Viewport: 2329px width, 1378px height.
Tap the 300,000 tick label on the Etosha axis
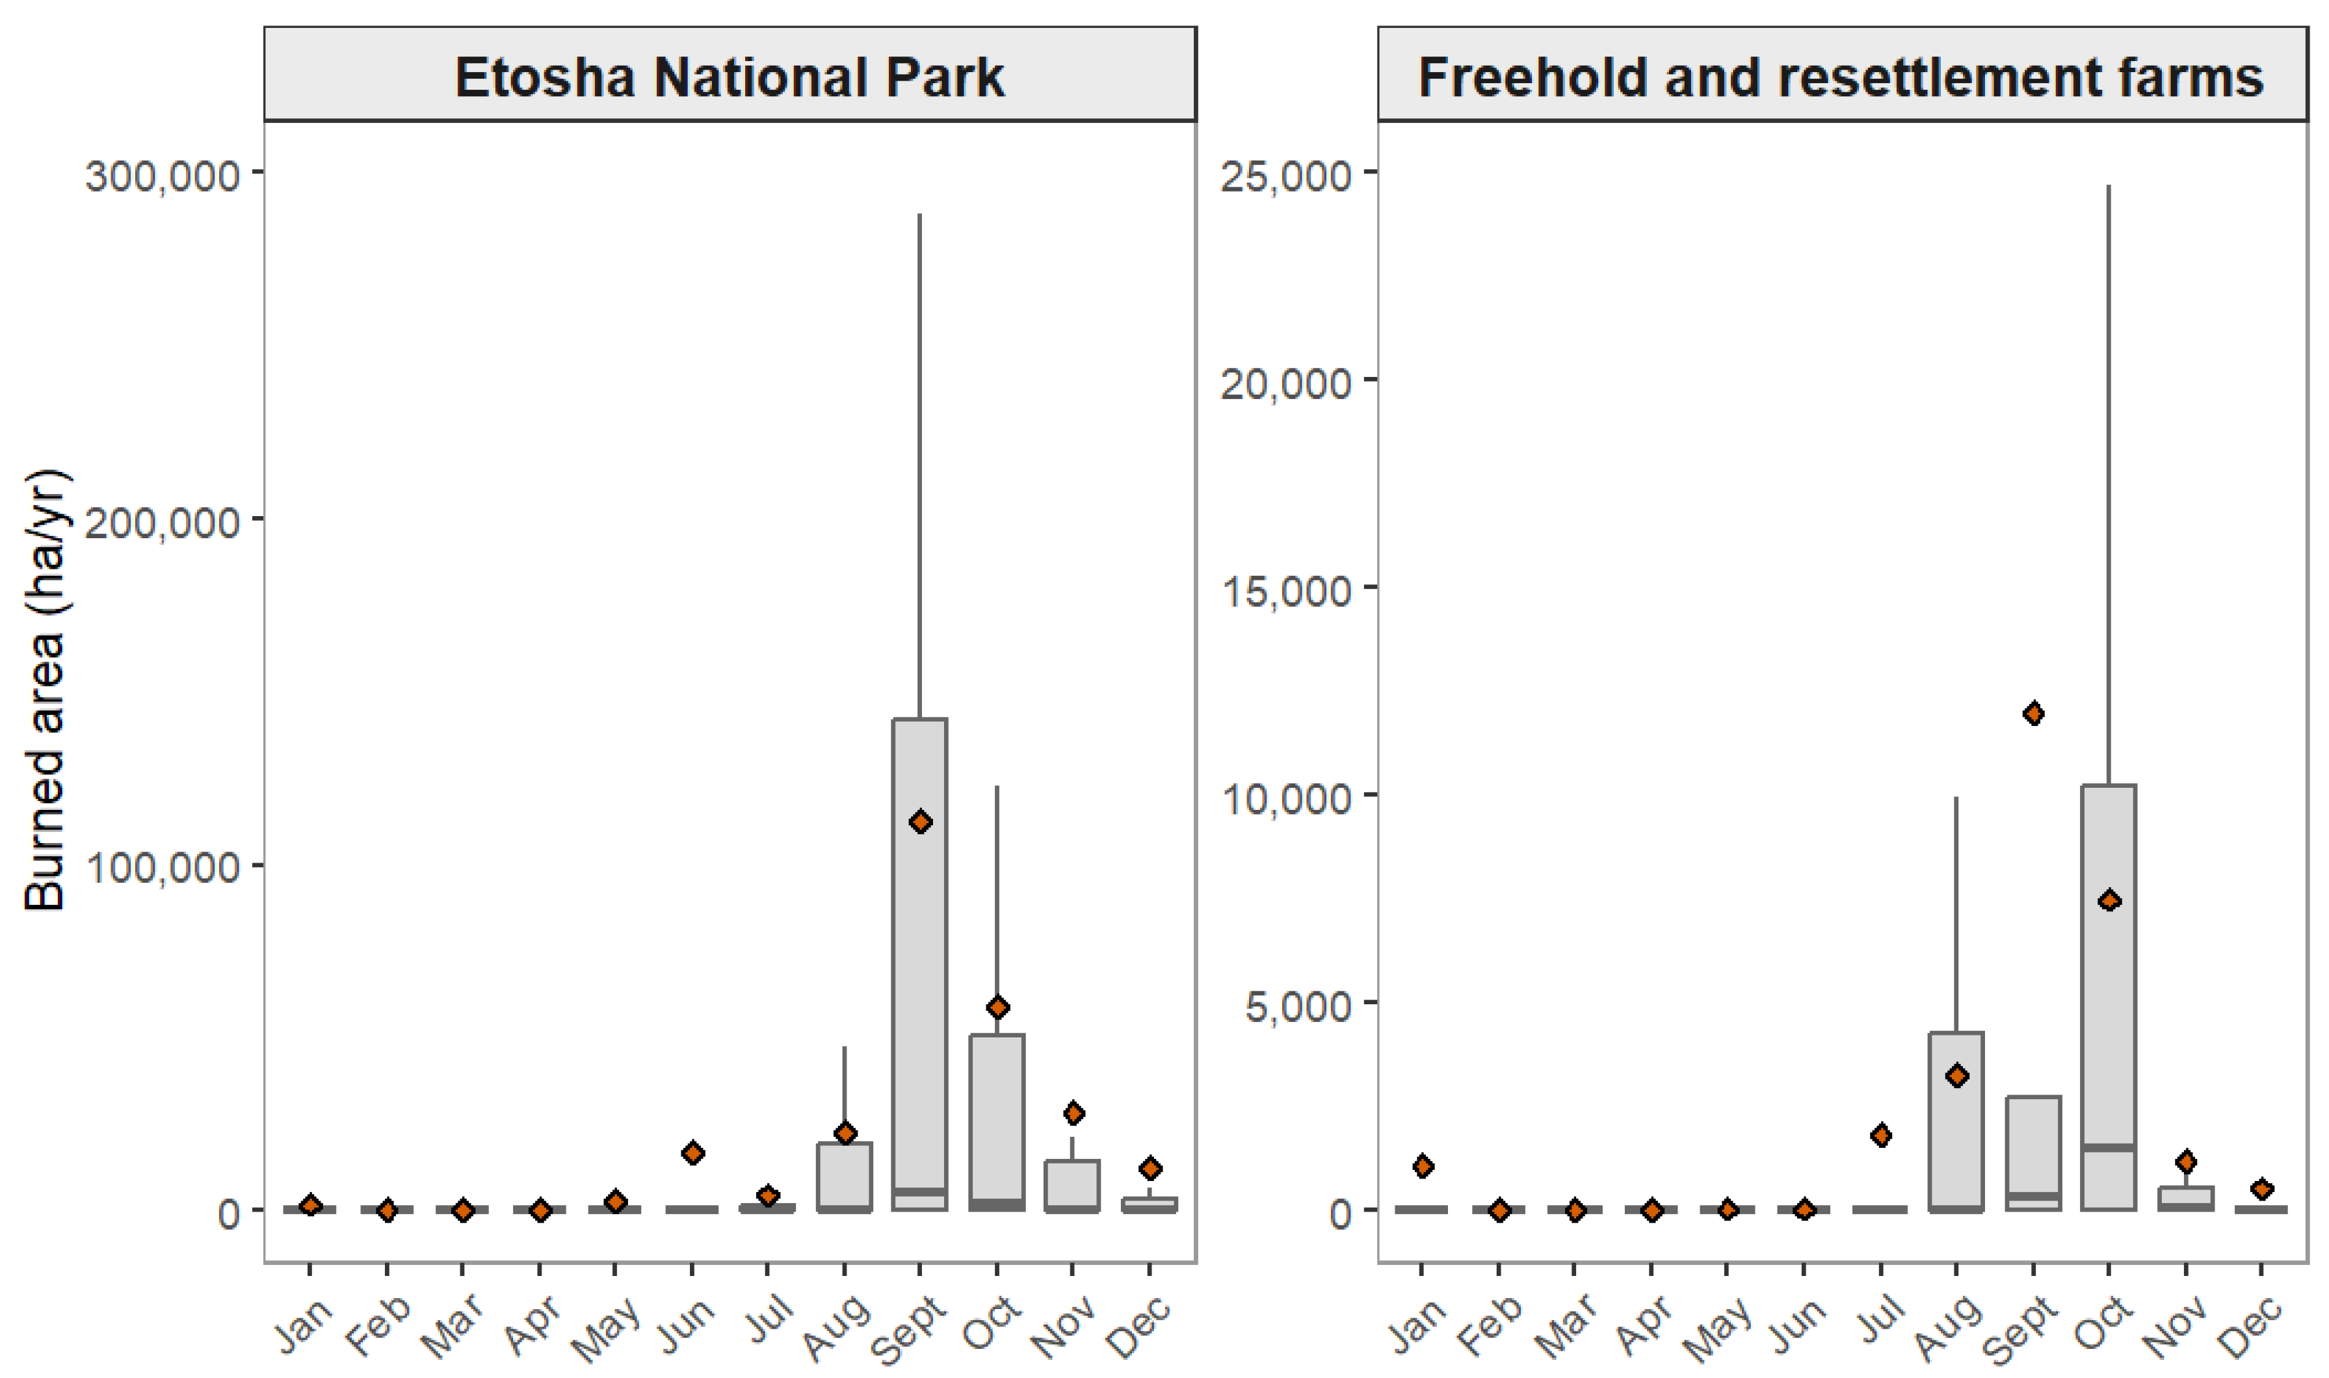[x=163, y=175]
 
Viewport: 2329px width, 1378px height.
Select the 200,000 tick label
[x=163, y=522]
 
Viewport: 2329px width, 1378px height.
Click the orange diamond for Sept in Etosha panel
[x=920, y=822]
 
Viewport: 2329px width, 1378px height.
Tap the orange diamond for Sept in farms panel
[x=2033, y=713]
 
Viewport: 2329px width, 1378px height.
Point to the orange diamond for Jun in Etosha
[x=692, y=1153]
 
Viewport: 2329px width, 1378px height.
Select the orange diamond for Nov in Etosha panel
[x=1073, y=1112]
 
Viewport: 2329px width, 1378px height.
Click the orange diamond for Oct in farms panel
[x=2109, y=901]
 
